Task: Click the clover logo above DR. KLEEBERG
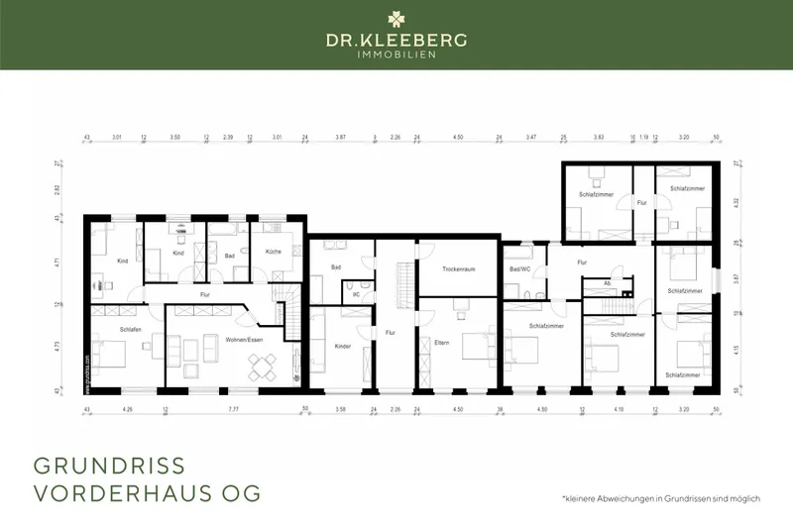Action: [396, 17]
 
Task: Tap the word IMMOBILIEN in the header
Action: [396, 54]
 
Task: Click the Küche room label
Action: [274, 252]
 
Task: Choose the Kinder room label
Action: [343, 347]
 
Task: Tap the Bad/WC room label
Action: [520, 269]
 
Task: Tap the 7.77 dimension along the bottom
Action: [234, 408]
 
